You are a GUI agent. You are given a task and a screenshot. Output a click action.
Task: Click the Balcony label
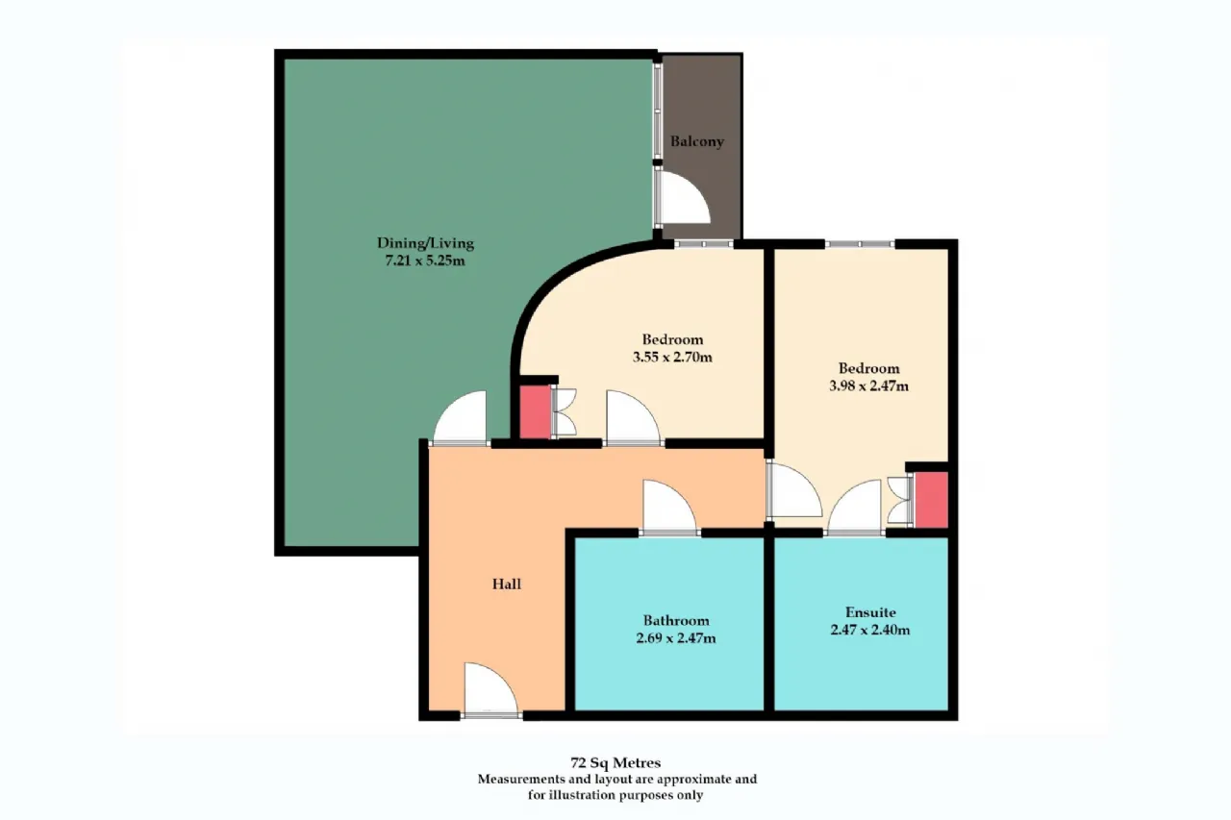pyautogui.click(x=696, y=141)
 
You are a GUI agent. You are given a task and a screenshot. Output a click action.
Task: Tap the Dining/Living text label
pyautogui.click(x=425, y=243)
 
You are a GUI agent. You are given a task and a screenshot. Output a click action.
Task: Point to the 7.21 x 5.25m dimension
pyautogui.click(x=425, y=261)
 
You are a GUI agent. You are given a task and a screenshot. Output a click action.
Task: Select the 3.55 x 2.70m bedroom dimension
pyautogui.click(x=672, y=358)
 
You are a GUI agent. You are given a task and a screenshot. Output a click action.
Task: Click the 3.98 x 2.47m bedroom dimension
pyautogui.click(x=868, y=386)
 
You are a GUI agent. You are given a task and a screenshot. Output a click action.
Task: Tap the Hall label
pyautogui.click(x=506, y=584)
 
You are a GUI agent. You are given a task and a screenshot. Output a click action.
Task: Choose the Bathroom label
pyautogui.click(x=676, y=621)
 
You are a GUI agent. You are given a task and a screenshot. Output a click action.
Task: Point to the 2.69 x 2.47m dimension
pyautogui.click(x=676, y=638)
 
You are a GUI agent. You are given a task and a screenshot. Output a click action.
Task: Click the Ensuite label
pyautogui.click(x=870, y=611)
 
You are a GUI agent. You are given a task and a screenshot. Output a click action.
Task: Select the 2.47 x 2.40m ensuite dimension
pyautogui.click(x=870, y=630)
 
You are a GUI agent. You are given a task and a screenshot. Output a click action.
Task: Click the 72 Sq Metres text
pyautogui.click(x=615, y=762)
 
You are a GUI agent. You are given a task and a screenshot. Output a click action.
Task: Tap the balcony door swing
pyautogui.click(x=684, y=198)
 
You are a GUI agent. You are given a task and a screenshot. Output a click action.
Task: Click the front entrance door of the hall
pyautogui.click(x=490, y=689)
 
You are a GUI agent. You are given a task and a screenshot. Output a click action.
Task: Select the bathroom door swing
pyautogui.click(x=669, y=507)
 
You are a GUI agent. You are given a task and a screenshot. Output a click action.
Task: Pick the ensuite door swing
pyautogui.click(x=855, y=507)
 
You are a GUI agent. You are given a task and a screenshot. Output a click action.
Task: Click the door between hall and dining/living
pyautogui.click(x=461, y=417)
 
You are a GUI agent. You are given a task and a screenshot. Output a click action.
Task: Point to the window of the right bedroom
pyautogui.click(x=860, y=244)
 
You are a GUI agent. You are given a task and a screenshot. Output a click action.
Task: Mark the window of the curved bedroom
pyautogui.click(x=704, y=244)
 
